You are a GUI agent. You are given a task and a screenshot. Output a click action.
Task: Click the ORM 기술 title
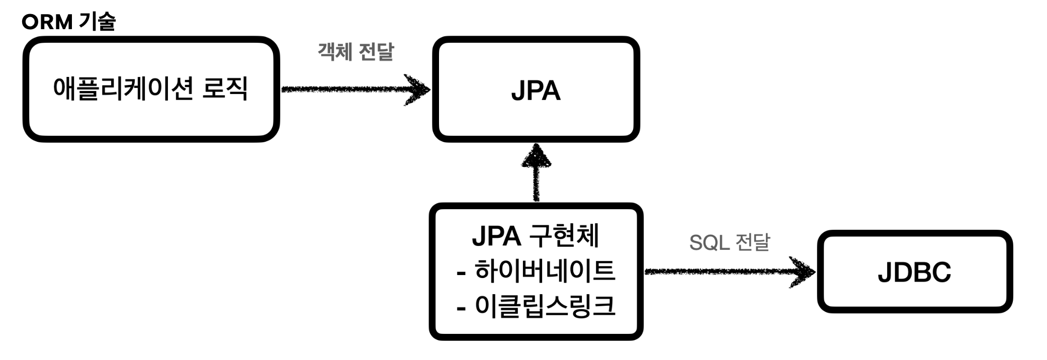click(69, 22)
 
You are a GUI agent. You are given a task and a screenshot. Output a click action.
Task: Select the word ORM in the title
click(47, 22)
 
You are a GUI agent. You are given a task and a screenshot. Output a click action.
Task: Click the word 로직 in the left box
click(225, 88)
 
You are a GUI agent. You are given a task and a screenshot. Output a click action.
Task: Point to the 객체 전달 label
click(356, 51)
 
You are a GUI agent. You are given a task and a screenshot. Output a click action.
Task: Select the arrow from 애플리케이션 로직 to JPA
click(355, 90)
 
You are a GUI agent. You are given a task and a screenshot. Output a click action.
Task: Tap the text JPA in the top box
click(536, 91)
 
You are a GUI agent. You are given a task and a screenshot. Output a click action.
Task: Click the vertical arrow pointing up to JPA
click(537, 172)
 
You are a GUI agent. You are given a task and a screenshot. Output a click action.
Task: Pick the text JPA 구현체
click(536, 236)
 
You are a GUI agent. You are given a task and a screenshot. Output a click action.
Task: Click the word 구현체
click(564, 235)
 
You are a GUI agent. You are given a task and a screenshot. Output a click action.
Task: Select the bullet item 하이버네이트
click(545, 271)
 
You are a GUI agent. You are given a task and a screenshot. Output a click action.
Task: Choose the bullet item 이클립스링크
click(545, 306)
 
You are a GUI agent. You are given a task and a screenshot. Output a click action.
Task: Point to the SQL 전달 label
click(729, 242)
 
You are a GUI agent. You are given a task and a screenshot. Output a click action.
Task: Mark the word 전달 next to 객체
click(376, 51)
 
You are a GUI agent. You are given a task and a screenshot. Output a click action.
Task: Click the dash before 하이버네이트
click(461, 275)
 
